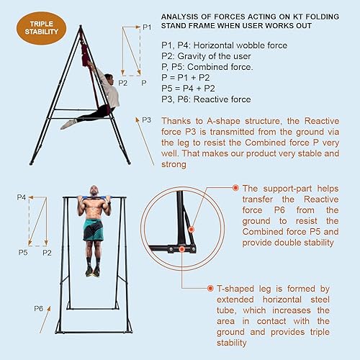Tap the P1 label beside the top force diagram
click(147, 27)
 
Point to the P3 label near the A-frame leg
click(146, 120)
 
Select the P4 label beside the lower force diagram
click(21, 197)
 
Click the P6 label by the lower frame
click(38, 308)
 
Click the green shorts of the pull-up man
click(93, 231)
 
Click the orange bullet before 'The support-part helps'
click(235, 187)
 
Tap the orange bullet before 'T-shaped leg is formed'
click(210, 287)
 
